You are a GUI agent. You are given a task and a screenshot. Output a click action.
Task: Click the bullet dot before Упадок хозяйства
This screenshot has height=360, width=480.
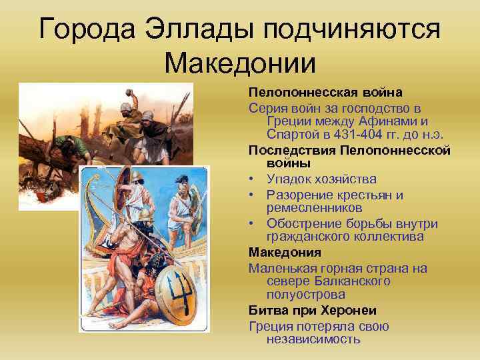pyautogui.click(x=253, y=179)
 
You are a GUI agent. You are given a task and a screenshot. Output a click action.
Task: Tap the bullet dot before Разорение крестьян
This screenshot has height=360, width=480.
pyautogui.click(x=253, y=195)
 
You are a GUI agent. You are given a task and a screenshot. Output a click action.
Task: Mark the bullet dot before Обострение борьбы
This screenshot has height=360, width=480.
pyautogui.click(x=253, y=223)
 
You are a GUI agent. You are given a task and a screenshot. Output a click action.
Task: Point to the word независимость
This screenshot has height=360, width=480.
pyautogui.click(x=313, y=339)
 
